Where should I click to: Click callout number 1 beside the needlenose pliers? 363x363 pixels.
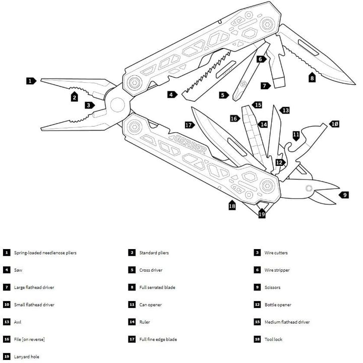31,81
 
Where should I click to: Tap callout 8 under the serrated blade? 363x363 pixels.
312,78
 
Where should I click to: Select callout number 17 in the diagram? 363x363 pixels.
190,125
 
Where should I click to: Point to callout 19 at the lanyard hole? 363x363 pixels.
262,213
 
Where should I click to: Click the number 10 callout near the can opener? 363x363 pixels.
334,124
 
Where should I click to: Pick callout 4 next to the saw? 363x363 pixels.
172,94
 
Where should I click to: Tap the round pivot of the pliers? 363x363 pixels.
117,105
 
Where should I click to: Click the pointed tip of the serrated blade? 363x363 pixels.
354,84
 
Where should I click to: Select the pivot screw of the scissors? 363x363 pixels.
309,188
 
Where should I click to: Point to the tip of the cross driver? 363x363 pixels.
235,99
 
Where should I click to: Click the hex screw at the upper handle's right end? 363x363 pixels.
267,24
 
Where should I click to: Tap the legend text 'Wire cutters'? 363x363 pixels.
276,253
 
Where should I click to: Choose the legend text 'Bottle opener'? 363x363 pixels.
278,305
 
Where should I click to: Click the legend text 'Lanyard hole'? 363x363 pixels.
27,357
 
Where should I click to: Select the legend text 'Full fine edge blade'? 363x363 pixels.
158,339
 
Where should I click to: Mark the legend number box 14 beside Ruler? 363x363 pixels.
132,322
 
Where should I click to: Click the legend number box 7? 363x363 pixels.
7,287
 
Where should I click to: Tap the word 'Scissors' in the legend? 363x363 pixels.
272,287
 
